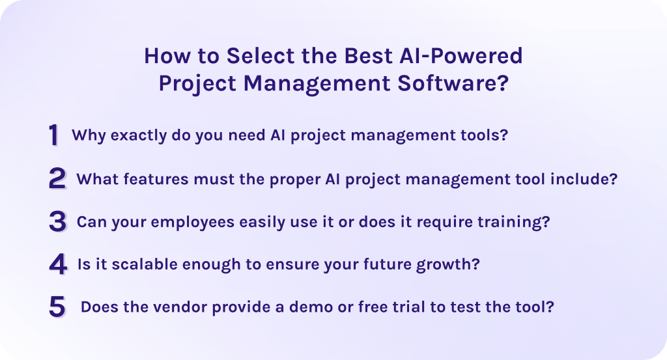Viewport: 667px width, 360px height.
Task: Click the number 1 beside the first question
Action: (54, 135)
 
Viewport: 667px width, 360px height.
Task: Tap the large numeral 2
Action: (57, 178)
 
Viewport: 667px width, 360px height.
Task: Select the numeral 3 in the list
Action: (57, 221)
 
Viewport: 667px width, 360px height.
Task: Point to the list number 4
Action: (57, 264)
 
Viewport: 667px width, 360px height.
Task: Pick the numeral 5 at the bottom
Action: (57, 307)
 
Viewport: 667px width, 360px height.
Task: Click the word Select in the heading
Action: (257, 56)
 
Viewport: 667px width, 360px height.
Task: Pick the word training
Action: (515, 222)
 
